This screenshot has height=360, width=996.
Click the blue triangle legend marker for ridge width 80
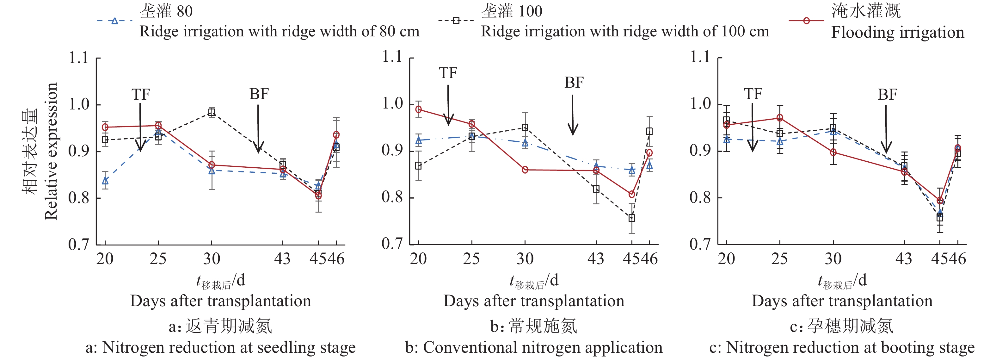[114, 21]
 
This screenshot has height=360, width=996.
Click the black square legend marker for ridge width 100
[456, 21]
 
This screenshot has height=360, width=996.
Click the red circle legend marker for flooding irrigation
[806, 21]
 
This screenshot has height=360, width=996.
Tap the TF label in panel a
[140, 94]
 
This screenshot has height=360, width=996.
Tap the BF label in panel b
[574, 82]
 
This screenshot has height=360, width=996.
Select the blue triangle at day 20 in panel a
[105, 181]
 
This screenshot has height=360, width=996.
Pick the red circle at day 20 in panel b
[418, 109]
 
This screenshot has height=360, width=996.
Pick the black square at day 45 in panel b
[631, 218]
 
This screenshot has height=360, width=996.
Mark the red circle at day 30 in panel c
[833, 152]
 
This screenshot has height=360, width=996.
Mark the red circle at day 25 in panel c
[780, 118]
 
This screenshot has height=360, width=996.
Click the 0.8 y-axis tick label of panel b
[392, 197]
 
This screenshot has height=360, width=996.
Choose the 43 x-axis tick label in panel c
[904, 259]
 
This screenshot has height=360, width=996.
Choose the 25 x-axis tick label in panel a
[158, 259]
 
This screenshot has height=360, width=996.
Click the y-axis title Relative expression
[51, 151]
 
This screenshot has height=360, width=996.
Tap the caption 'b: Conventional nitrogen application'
[534, 347]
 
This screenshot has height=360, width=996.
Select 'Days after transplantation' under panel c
[842, 301]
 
